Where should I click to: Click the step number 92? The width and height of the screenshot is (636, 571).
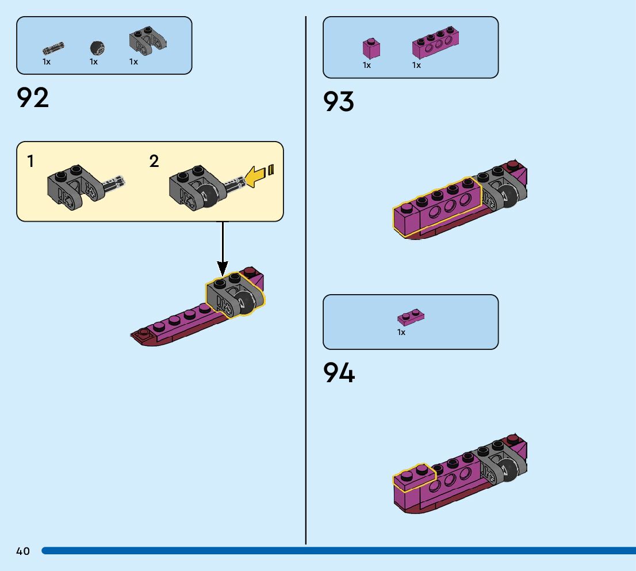click(x=33, y=98)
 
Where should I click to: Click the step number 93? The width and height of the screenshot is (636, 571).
click(x=339, y=102)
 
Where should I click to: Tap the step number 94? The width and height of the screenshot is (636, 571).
click(x=339, y=373)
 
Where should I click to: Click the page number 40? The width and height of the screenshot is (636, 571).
click(x=23, y=551)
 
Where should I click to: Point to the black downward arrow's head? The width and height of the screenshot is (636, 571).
click(x=223, y=268)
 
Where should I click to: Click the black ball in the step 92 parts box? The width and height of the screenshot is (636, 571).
click(x=97, y=48)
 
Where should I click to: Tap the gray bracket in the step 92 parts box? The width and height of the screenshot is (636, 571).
click(x=147, y=40)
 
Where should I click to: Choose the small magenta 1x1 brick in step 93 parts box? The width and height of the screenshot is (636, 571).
click(x=371, y=48)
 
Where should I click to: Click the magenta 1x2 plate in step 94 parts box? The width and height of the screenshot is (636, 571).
click(x=411, y=317)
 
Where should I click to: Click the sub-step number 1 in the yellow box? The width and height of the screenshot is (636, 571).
click(x=30, y=162)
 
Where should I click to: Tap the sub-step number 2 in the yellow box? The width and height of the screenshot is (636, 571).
click(x=154, y=162)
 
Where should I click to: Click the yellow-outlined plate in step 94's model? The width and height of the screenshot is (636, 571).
click(x=413, y=479)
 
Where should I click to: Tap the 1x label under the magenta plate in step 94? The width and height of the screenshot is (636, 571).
click(x=401, y=332)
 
